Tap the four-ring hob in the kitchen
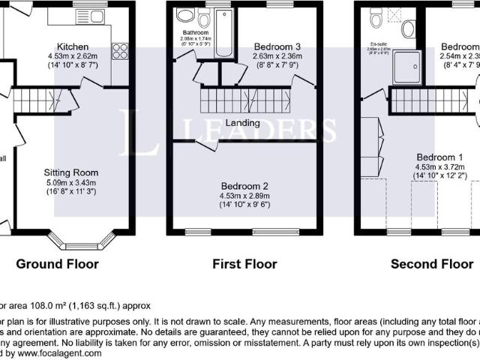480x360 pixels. [118, 51]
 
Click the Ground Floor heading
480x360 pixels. [58, 264]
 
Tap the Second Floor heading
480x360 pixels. [431, 264]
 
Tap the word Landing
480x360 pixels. [241, 123]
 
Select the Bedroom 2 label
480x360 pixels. [244, 185]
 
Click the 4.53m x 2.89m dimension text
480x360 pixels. [244, 195]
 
